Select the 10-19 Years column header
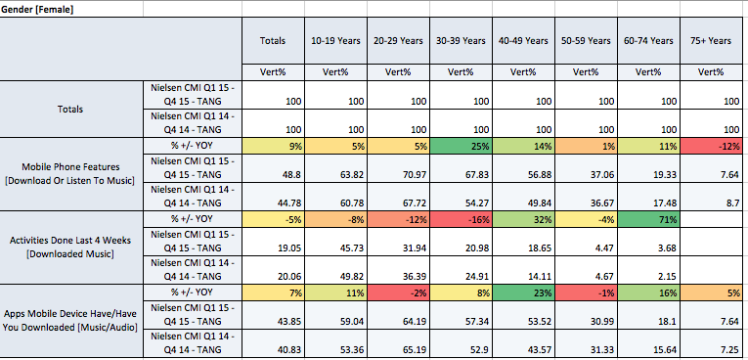(335, 40)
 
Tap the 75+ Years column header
(711, 40)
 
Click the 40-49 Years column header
(523, 40)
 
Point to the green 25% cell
(461, 147)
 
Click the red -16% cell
(461, 220)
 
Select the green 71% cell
(648, 220)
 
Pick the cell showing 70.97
(398, 175)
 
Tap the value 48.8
(274, 175)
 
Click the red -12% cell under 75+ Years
(711, 147)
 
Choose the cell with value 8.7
(711, 202)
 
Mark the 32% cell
(523, 220)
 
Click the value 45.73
(335, 248)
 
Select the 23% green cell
(523, 292)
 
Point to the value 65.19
(398, 349)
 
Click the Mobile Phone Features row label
(70, 174)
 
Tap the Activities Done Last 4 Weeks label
(70, 247)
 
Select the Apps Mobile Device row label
(70, 320)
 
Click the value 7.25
(711, 349)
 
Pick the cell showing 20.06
(274, 276)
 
